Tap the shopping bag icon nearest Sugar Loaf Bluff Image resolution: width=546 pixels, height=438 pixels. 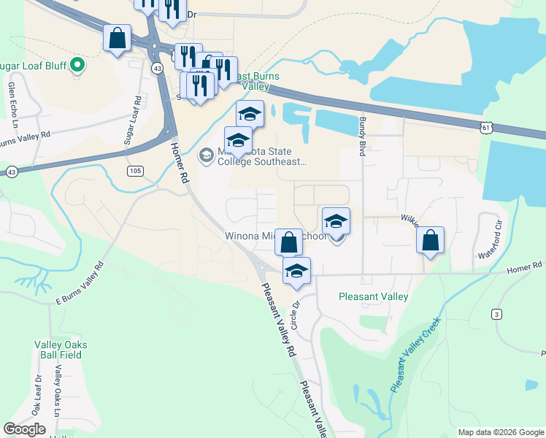(117, 38)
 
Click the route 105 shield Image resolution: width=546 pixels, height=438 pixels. (134, 171)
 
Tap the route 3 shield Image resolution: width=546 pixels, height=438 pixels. (496, 314)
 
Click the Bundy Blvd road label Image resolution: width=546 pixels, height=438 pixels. (361, 139)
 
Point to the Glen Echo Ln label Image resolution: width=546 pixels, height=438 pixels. (12, 99)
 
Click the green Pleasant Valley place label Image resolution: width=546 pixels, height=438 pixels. (373, 296)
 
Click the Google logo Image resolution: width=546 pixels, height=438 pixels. (25, 429)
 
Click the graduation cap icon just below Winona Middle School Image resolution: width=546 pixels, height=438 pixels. (296, 270)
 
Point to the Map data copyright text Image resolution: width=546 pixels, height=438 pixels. (501, 432)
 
